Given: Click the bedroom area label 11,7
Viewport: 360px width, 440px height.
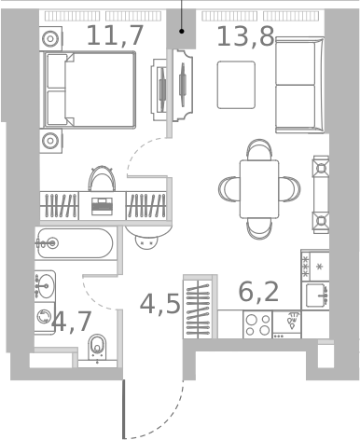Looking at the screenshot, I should pyautogui.click(x=115, y=36).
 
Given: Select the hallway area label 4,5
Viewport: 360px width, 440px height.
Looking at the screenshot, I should pyautogui.click(x=159, y=304).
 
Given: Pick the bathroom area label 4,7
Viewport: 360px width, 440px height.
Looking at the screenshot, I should pyautogui.click(x=73, y=323).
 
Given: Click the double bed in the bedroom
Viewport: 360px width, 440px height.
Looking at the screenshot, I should pyautogui.click(x=89, y=89).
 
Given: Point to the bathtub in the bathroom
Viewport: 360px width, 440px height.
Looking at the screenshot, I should pyautogui.click(x=74, y=245).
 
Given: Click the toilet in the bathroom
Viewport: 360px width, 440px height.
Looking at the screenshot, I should pyautogui.click(x=97, y=348).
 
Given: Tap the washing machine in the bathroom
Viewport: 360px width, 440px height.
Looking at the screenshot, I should pyautogui.click(x=45, y=317).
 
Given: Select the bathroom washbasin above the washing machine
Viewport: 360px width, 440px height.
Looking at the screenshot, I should pyautogui.click(x=45, y=283).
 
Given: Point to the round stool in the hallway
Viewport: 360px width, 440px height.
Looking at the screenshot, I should pyautogui.click(x=145, y=240).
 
